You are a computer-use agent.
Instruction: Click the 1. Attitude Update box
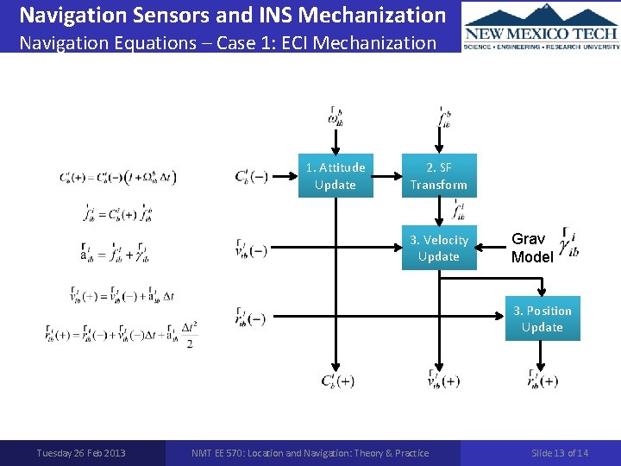coord(336,176)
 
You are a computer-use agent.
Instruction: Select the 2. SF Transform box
coord(439,176)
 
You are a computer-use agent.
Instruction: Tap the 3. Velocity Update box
coord(439,249)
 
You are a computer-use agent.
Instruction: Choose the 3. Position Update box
coord(543,319)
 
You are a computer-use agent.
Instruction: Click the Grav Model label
coord(531,248)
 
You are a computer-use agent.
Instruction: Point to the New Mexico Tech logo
coord(541,26)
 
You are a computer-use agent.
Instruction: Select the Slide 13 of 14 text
coord(560,453)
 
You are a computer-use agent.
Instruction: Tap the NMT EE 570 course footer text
coord(310,453)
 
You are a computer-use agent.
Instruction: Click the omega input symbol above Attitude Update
coord(336,117)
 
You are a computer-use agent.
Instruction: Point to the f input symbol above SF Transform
coord(443,117)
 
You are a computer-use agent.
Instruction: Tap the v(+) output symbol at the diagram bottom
coord(442,380)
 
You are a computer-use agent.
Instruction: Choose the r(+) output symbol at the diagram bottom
coord(543,380)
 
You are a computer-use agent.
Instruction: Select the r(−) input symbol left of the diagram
coord(249,318)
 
